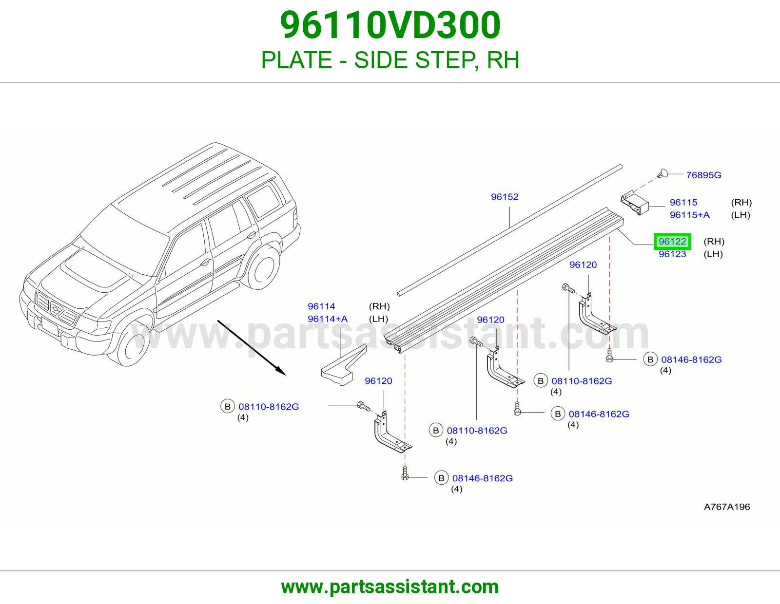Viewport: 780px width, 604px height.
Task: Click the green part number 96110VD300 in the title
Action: [390, 25]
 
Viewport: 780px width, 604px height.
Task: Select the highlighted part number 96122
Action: [672, 242]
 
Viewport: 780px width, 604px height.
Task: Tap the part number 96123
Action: [672, 254]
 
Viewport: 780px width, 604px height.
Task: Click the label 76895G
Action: [703, 175]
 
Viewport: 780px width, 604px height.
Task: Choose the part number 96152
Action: [505, 197]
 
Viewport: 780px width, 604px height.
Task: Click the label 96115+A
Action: [689, 215]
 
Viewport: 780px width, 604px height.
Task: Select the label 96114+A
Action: [328, 319]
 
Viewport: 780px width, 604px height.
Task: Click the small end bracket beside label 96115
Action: [635, 203]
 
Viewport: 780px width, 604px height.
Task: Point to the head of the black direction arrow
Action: [282, 372]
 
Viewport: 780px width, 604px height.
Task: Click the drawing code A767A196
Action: [726, 507]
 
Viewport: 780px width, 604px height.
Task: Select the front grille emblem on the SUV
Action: [56, 308]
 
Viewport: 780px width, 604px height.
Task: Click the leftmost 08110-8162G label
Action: [269, 407]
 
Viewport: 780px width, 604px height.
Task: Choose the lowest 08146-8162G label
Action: [483, 478]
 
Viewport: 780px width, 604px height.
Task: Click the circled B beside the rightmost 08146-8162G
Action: [650, 359]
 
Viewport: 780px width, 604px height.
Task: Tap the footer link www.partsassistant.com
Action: [390, 587]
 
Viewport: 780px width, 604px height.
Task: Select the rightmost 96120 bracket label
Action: [583, 264]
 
